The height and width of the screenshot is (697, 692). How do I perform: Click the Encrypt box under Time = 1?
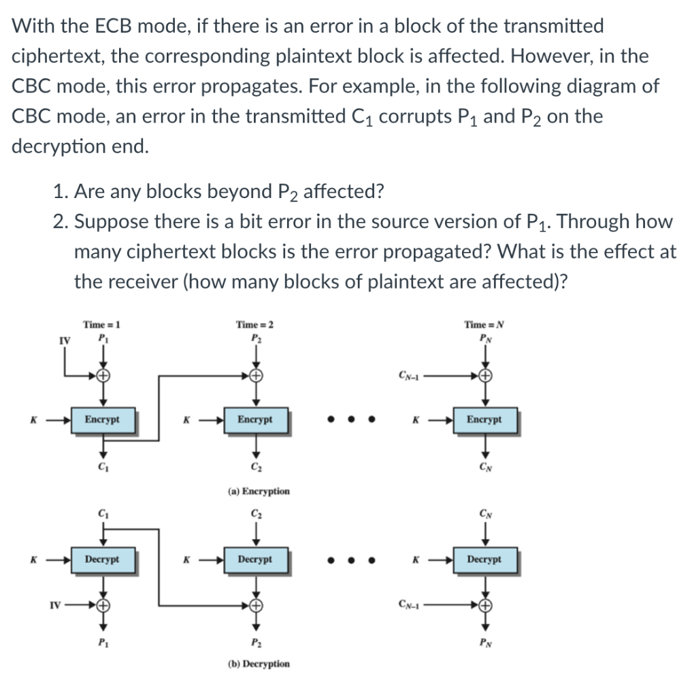[x=101, y=420]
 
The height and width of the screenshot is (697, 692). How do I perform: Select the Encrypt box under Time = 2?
[x=255, y=420]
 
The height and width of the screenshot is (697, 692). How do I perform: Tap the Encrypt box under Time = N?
[x=484, y=420]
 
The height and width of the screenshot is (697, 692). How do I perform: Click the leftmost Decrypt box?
[x=101, y=560]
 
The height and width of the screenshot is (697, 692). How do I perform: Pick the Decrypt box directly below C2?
[x=255, y=560]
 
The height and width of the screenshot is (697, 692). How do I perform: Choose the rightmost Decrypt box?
[x=484, y=560]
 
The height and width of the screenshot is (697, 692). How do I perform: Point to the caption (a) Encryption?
[x=257, y=491]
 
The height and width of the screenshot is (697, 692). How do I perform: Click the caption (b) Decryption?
[x=257, y=664]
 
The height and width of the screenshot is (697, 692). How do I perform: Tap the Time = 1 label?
[x=101, y=325]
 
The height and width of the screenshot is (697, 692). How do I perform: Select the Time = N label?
[x=484, y=325]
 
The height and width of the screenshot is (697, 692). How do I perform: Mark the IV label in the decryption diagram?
[x=57, y=603]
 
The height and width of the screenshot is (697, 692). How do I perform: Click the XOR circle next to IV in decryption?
[x=103, y=603]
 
